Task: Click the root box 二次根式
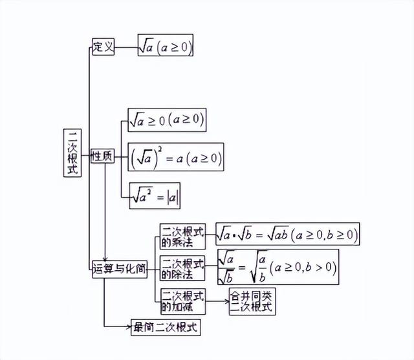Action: click(72, 153)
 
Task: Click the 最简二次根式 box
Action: click(164, 327)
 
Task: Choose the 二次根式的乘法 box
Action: click(182, 237)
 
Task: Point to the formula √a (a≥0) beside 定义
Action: click(166, 47)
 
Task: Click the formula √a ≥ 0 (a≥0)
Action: click(167, 120)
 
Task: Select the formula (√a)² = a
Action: click(175, 158)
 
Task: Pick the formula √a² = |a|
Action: click(155, 196)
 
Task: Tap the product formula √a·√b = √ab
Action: click(287, 233)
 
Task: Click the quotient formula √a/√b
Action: click(278, 268)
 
